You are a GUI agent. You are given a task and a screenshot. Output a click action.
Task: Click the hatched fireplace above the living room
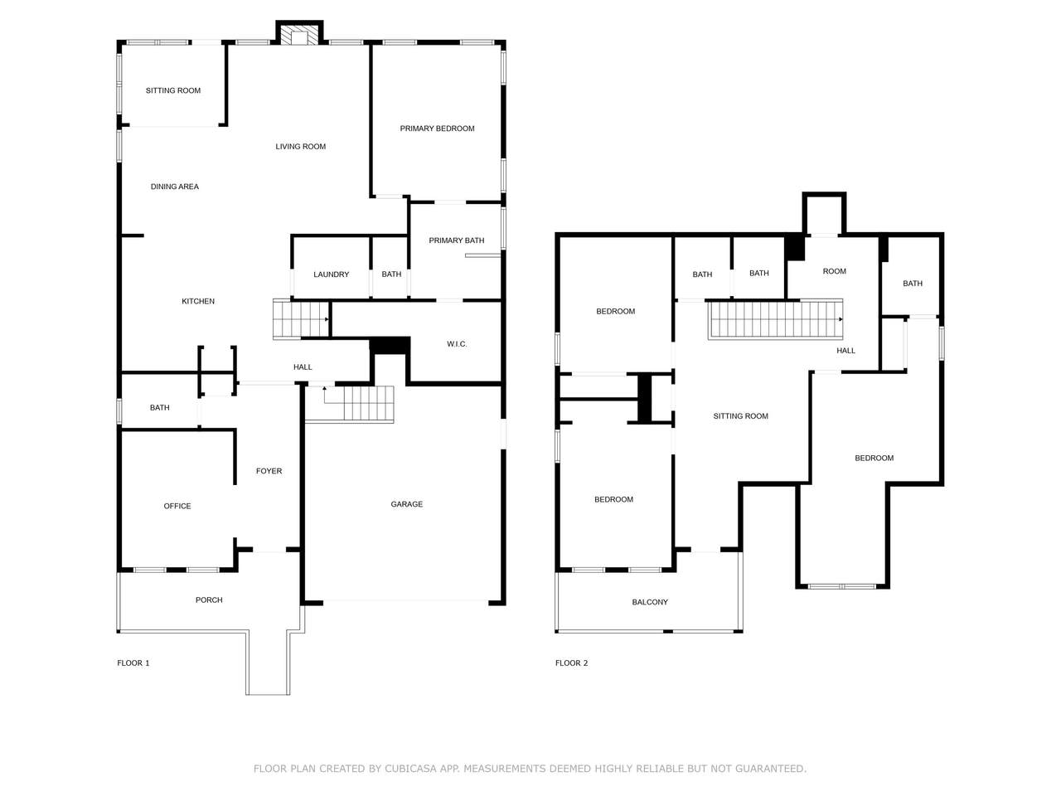pyautogui.click(x=299, y=35)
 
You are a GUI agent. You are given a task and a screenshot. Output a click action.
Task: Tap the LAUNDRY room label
pyautogui.click(x=331, y=274)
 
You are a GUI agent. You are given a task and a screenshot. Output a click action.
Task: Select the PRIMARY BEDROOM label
pyautogui.click(x=437, y=129)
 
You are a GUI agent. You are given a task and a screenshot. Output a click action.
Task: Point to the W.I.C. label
pyautogui.click(x=456, y=344)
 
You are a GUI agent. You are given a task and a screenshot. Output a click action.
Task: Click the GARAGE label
pyautogui.click(x=406, y=504)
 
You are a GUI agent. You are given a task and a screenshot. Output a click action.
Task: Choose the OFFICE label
pyautogui.click(x=177, y=506)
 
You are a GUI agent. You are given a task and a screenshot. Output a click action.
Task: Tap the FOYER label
pyautogui.click(x=269, y=471)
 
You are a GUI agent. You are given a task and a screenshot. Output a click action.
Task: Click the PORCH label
pyautogui.click(x=209, y=599)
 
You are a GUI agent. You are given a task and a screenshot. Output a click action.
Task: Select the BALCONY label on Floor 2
pyautogui.click(x=649, y=602)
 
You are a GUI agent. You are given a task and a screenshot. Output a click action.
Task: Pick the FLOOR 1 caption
pyautogui.click(x=133, y=663)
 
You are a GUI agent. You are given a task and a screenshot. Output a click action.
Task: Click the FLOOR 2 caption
pyautogui.click(x=571, y=663)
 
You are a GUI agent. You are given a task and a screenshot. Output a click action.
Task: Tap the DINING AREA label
pyautogui.click(x=175, y=187)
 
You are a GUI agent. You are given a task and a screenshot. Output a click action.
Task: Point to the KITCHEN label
pyautogui.click(x=198, y=301)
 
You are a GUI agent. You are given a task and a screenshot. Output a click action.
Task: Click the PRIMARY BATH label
pyautogui.click(x=456, y=240)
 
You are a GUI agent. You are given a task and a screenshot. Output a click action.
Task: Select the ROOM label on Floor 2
pyautogui.click(x=834, y=271)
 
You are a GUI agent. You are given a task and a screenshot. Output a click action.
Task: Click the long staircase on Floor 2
pyautogui.click(x=775, y=319)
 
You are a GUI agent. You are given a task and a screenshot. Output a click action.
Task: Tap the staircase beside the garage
pyautogui.click(x=358, y=403)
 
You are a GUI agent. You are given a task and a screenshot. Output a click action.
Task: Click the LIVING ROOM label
pyautogui.click(x=300, y=147)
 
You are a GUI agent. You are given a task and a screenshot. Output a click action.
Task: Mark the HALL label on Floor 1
pyautogui.click(x=302, y=366)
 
